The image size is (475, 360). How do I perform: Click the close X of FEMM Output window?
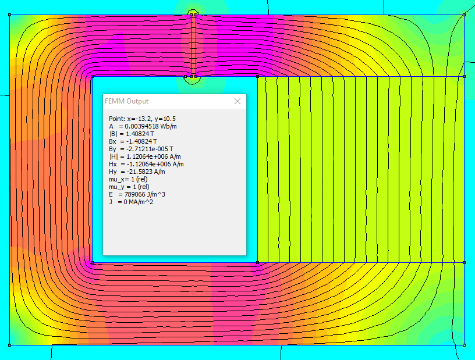[x=238, y=101]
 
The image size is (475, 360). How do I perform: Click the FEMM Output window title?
[x=127, y=101]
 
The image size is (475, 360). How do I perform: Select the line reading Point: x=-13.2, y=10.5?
[x=142, y=119]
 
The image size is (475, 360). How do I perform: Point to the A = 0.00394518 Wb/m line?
[x=143, y=126]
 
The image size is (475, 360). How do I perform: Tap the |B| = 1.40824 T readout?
[x=132, y=134]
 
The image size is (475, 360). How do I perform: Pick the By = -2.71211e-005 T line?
[x=141, y=149]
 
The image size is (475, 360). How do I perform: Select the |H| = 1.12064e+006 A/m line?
[x=145, y=156]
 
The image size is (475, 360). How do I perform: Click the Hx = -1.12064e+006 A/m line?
[x=146, y=164]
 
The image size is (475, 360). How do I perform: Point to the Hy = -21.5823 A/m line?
[x=137, y=172]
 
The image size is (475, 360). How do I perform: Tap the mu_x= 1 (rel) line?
[x=128, y=179]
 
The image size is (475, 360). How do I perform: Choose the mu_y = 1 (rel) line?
[x=129, y=187]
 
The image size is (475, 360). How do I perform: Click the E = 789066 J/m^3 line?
[x=137, y=194]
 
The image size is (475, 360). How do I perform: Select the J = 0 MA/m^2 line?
[x=131, y=202]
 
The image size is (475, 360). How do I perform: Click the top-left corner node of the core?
[x=10, y=15]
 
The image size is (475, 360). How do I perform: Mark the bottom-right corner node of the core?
[x=464, y=345]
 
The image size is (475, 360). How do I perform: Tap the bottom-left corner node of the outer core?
[x=10, y=345]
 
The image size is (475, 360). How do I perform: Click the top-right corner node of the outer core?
[x=464, y=15]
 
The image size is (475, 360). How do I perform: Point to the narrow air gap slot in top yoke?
[x=194, y=46]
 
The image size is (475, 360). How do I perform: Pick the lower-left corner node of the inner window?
[x=93, y=262]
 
